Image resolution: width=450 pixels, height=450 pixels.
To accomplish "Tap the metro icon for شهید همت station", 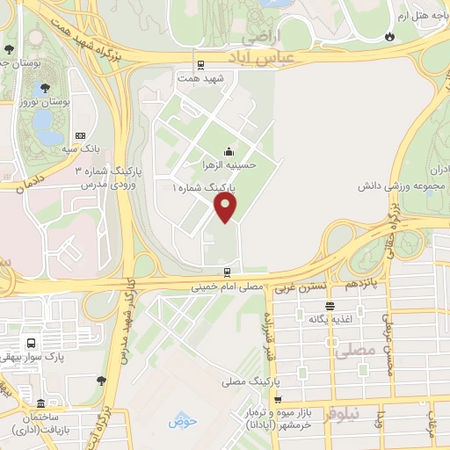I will point(200,64).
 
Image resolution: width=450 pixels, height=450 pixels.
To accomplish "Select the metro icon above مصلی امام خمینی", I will point(227,272).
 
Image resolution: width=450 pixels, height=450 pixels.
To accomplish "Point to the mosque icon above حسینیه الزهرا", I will point(229,150).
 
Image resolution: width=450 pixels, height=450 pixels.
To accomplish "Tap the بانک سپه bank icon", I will point(81,136).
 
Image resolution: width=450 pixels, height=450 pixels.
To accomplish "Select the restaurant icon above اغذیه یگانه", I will point(330,306).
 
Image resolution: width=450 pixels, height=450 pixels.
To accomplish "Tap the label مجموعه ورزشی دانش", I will point(404,186).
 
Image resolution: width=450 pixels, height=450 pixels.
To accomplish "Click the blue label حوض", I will point(179,420).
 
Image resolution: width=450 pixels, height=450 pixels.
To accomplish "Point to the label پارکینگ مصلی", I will point(248,381).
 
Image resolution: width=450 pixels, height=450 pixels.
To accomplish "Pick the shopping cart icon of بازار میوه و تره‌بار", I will point(278,400).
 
